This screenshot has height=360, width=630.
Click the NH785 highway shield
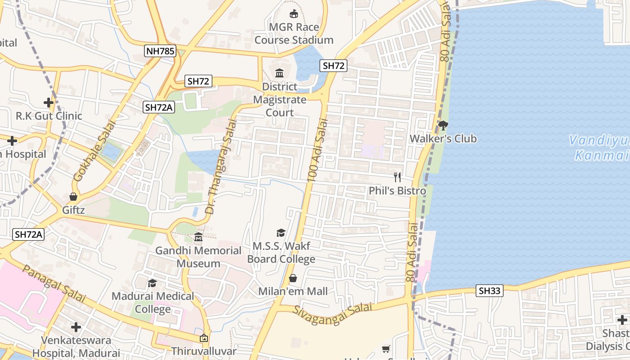[x=160, y=51]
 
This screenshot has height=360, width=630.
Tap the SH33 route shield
[x=490, y=291]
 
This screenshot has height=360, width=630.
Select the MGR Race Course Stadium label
[x=294, y=34]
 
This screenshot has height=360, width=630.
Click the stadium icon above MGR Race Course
[x=294, y=13]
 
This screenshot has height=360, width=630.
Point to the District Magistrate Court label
[x=279, y=99]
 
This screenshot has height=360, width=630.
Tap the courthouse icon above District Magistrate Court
[x=279, y=72]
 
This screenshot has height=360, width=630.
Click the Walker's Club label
[x=443, y=139]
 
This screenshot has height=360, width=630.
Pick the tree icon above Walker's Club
[x=443, y=125]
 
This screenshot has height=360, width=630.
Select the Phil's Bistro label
[x=397, y=191]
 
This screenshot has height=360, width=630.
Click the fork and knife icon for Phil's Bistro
[x=397, y=177]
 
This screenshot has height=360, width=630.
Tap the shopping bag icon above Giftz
[x=73, y=197]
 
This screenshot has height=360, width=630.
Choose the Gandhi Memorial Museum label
[x=198, y=257]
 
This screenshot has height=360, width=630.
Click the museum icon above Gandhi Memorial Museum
[x=198, y=237]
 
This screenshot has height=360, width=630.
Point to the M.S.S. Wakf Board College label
[x=281, y=252]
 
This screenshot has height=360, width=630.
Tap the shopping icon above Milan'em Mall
[x=293, y=278]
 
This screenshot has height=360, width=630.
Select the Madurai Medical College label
[x=153, y=303]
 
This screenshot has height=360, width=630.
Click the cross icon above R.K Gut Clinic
[x=49, y=103]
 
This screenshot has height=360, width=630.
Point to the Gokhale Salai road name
[x=94, y=151]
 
